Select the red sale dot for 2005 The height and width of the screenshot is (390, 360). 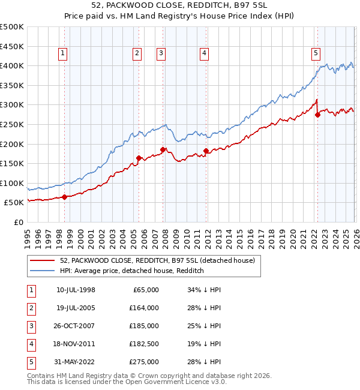pyautogui.click(x=139, y=158)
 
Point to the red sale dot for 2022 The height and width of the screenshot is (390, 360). pyautogui.click(x=317, y=115)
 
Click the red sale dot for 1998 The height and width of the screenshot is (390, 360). pyautogui.click(x=64, y=197)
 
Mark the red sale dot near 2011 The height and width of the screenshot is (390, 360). pyautogui.click(x=206, y=151)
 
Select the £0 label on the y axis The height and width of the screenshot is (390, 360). pyautogui.click(x=18, y=222)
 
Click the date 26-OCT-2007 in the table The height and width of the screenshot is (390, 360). pyautogui.click(x=76, y=326)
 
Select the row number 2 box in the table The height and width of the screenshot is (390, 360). pyautogui.click(x=31, y=308)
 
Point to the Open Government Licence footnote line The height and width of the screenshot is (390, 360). pyautogui.click(x=127, y=382)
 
